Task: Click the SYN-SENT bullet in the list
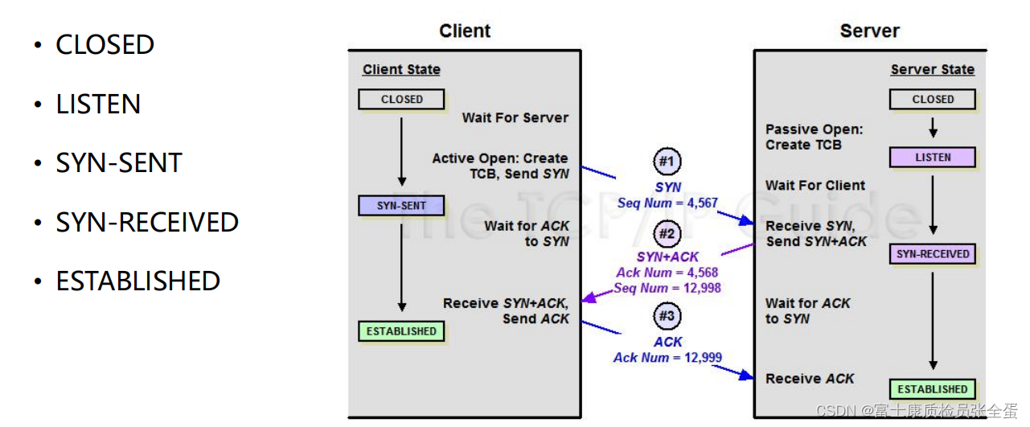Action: click(119, 163)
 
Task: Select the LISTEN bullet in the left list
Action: click(98, 105)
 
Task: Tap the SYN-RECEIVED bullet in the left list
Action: click(147, 222)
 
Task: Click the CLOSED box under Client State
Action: click(401, 100)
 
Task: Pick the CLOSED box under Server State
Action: click(932, 100)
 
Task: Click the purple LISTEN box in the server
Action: click(932, 158)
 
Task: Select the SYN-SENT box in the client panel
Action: click(401, 206)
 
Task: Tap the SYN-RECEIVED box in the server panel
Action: click(932, 254)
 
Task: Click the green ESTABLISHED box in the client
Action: click(401, 331)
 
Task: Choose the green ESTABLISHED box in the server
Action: click(932, 389)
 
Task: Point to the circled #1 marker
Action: click(667, 162)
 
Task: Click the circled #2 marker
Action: click(667, 234)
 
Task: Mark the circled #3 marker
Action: click(667, 316)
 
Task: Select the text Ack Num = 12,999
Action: click(667, 358)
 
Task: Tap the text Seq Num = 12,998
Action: click(667, 288)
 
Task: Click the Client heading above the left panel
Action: click(465, 31)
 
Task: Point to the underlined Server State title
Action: click(932, 70)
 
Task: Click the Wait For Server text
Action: click(515, 118)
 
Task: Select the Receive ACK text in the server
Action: click(809, 379)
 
